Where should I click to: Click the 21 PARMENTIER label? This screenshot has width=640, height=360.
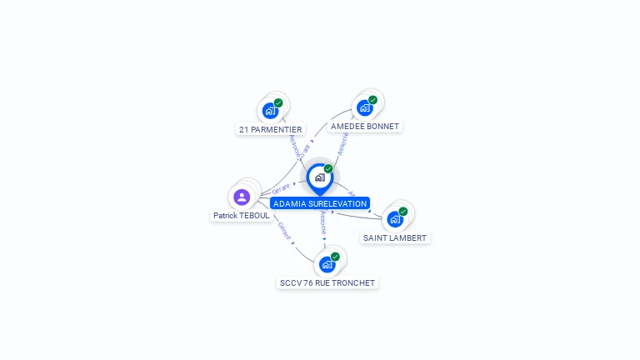[x=271, y=130]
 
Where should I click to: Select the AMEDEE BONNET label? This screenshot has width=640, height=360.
[x=364, y=127]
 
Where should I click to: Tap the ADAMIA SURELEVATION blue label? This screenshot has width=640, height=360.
[x=320, y=203]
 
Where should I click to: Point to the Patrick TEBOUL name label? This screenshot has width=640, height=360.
[x=241, y=215]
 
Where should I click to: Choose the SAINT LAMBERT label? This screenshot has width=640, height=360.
[x=395, y=238]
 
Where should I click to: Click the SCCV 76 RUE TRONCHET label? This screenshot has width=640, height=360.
[x=327, y=283]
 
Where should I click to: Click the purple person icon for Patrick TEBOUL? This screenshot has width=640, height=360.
[x=242, y=197]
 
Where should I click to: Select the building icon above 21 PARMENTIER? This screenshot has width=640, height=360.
[x=270, y=110]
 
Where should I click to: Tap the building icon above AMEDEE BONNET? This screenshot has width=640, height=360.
[x=364, y=107]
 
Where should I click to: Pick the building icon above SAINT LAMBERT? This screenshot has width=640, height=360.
[x=395, y=219]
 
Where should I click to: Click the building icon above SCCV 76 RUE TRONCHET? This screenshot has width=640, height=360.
[x=327, y=264]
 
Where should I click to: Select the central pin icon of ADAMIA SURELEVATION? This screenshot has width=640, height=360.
[x=319, y=177]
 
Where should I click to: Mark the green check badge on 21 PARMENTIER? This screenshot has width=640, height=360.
[x=278, y=102]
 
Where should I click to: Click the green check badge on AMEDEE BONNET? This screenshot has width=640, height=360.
[x=372, y=100]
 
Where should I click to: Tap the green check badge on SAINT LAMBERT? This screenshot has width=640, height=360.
[x=403, y=212]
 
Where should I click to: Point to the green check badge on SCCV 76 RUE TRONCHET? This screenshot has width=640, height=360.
[x=335, y=257]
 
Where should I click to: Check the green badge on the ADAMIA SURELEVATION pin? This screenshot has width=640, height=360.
[x=328, y=169]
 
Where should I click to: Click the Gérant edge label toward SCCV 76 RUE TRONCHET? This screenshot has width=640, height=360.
[x=285, y=231]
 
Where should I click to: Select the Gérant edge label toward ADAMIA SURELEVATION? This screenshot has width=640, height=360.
[x=281, y=189]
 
